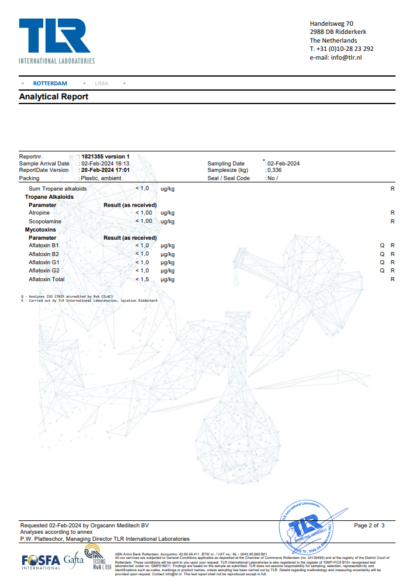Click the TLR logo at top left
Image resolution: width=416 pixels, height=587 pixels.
[56, 40]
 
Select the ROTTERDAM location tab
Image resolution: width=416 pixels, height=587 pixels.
[50, 84]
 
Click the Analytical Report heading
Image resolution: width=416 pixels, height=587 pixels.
[54, 96]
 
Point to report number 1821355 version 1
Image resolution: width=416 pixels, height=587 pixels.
[105, 157]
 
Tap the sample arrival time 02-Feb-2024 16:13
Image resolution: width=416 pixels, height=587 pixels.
[105, 164]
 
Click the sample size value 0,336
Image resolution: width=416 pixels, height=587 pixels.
[274, 170]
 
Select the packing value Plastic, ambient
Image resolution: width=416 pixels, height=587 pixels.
[100, 178]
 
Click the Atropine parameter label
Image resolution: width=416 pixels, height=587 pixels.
[39, 213]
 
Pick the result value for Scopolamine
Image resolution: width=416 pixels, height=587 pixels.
[144, 221]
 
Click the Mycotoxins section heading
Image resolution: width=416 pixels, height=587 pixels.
[40, 230]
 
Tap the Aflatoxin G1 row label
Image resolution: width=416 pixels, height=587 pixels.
[44, 263]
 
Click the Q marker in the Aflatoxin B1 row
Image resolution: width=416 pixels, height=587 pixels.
[382, 246]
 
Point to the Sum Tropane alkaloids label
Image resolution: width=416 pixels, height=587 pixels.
[57, 189]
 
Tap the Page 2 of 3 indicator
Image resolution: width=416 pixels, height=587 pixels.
[369, 526]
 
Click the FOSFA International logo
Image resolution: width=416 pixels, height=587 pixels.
[40, 562]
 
